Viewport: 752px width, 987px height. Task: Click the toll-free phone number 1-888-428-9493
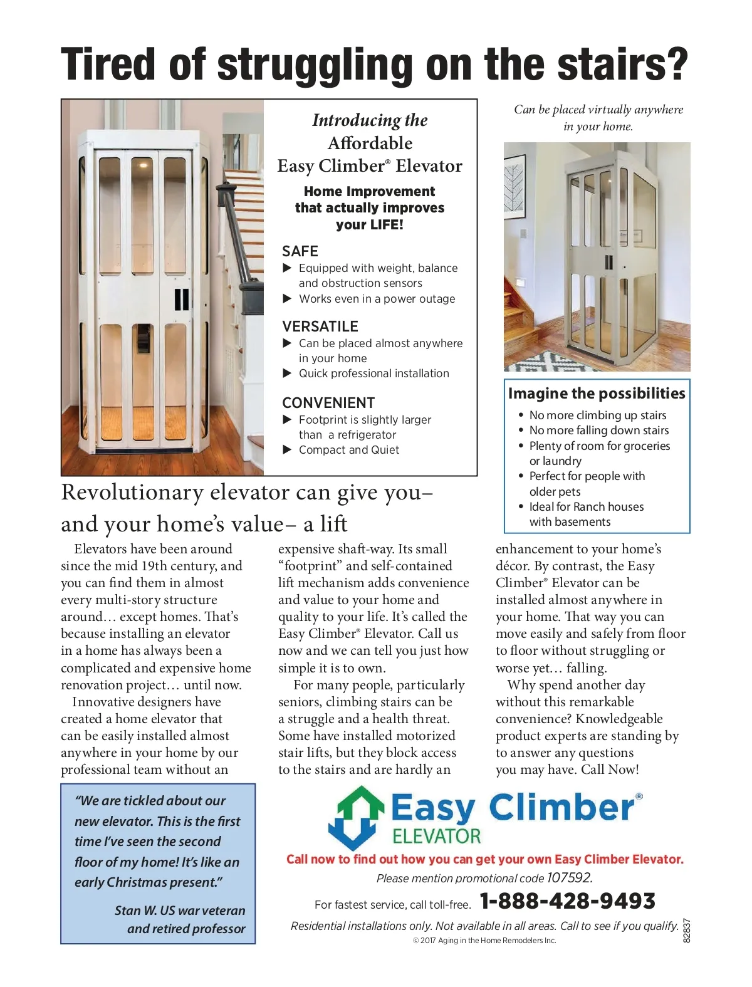(x=567, y=901)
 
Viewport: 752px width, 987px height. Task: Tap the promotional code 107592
(x=569, y=877)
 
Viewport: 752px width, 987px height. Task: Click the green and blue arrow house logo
(x=355, y=817)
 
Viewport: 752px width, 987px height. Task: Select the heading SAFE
(x=300, y=251)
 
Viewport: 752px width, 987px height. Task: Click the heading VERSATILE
(x=320, y=326)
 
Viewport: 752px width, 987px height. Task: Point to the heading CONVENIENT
(x=328, y=403)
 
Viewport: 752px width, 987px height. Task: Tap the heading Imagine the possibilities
(x=597, y=394)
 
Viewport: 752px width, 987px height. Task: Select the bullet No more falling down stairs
(x=598, y=431)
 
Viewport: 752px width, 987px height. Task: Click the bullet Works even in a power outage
(x=377, y=299)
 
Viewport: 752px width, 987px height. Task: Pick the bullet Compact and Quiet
(x=348, y=450)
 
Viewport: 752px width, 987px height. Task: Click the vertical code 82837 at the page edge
(x=686, y=931)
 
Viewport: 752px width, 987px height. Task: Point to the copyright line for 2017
(x=484, y=941)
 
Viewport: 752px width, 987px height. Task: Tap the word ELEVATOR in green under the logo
(x=436, y=836)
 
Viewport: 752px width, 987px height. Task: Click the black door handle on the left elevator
(x=181, y=300)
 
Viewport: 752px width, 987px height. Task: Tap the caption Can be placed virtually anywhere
(x=598, y=110)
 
